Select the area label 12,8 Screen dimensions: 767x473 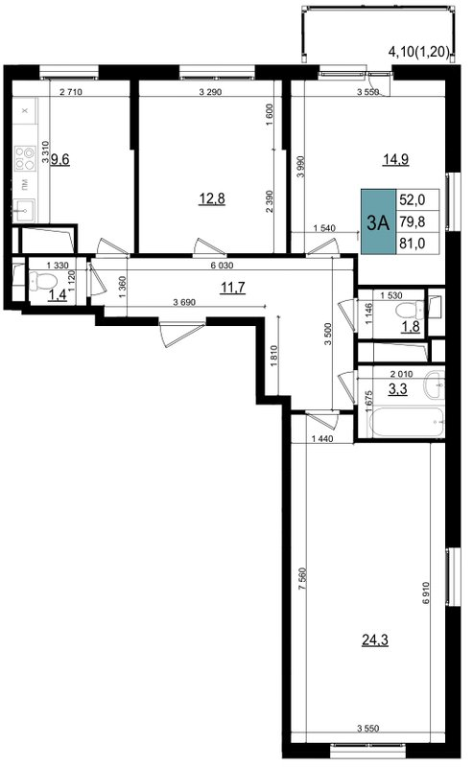[212, 198]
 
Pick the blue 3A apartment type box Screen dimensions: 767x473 [377, 222]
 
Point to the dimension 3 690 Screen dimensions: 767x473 [188, 303]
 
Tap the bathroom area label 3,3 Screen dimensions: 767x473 [395, 389]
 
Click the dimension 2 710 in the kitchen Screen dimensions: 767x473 [73, 93]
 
